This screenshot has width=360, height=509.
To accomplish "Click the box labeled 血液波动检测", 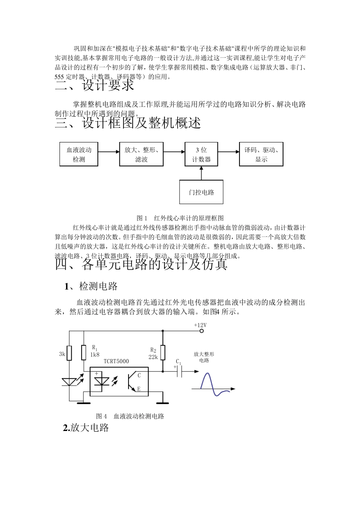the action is [x=79, y=154].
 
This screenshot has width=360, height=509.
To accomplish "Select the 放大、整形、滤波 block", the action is [x=141, y=154].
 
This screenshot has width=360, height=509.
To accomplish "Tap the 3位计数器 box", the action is [x=201, y=154].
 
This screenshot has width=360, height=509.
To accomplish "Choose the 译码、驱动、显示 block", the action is [x=261, y=154].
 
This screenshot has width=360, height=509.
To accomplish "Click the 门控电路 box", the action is [x=201, y=192].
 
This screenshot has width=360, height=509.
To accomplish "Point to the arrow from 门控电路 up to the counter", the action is [x=201, y=173].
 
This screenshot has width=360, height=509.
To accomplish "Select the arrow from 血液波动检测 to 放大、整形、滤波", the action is [x=108, y=152].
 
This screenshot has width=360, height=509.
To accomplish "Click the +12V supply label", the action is [x=200, y=325].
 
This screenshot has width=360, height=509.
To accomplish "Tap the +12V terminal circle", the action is [x=202, y=331].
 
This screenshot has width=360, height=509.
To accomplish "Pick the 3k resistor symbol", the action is [x=69, y=353].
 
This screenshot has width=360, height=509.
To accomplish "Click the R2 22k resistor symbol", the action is [x=163, y=353].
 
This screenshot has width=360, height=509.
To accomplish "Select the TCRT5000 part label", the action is [x=116, y=361].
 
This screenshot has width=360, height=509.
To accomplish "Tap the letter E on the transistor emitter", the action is [x=139, y=389].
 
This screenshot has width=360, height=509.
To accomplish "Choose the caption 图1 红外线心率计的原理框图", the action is [x=180, y=218].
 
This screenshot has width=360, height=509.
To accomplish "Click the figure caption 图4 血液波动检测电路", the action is [x=130, y=416].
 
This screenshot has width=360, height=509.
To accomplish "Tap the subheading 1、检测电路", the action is [x=91, y=286].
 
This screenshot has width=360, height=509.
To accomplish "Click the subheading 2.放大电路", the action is [x=86, y=428].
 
